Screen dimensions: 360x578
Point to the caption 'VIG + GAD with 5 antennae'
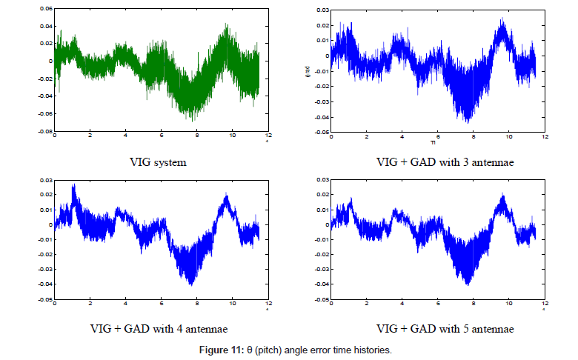coord(437,327)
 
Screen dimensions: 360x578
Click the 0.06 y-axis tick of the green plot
coord(45,9)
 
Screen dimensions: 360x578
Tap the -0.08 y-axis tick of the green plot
coord(44,131)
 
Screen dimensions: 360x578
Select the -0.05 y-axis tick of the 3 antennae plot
coord(320,132)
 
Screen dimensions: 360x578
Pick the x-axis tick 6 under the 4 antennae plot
coord(161,304)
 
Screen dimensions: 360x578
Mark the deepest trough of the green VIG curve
coord(191,119)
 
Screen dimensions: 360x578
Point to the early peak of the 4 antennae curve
coord(73,185)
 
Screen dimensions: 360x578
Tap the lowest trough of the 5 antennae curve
coord(467,284)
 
